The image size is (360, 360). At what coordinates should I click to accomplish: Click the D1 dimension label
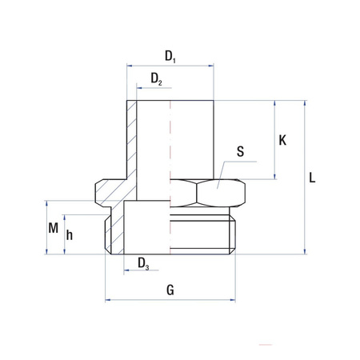(x=170, y=56)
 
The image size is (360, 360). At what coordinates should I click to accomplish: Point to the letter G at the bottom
(x=170, y=290)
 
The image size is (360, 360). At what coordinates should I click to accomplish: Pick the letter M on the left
(x=54, y=228)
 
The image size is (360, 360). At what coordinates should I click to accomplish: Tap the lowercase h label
(x=70, y=235)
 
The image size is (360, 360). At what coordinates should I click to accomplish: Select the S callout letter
(x=242, y=150)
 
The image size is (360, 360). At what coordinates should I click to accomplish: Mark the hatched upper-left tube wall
(x=132, y=136)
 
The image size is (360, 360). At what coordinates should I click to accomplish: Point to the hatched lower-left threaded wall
(x=114, y=232)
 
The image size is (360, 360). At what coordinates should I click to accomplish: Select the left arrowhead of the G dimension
(x=110, y=301)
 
